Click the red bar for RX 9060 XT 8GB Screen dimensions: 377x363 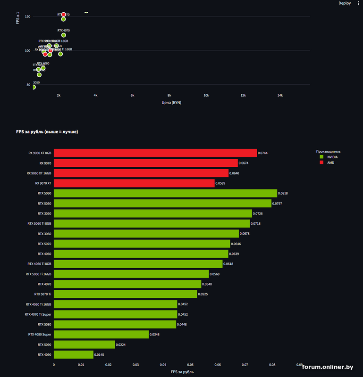coord(155,153)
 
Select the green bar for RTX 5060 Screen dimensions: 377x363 coord(165,193)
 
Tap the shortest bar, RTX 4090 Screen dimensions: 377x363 coord(73,354)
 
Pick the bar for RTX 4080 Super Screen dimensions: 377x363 coord(101,334)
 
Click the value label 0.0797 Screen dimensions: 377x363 coord(279,204)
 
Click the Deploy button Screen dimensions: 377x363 coord(345,3)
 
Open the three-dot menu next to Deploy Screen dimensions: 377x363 coord(358,3)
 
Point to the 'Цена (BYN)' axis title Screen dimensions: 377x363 coord(171,102)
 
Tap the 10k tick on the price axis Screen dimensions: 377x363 coord(206,95)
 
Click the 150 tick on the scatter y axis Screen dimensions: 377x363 coord(27,17)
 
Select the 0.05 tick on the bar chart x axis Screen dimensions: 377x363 coord(190,364)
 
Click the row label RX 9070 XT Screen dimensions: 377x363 coord(43,183)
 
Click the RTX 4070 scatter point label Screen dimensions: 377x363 coord(64,31)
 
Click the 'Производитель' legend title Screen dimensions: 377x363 coord(328,151)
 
